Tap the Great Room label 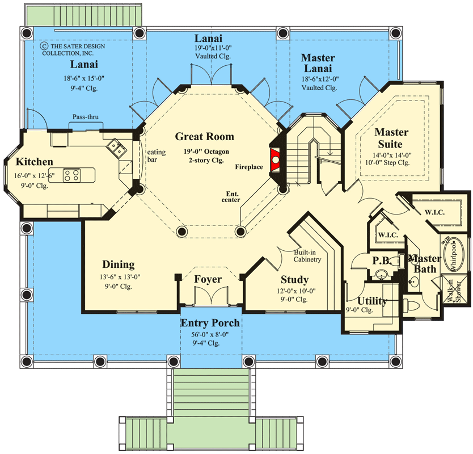click(204, 137)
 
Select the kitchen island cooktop click(71, 175)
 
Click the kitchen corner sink click(119, 149)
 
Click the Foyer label click(208, 279)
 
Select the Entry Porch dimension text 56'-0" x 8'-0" click(210, 335)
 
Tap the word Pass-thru click(85, 117)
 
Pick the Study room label click(294, 280)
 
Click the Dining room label click(119, 264)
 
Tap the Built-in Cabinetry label click(307, 256)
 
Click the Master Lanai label click(318, 63)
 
